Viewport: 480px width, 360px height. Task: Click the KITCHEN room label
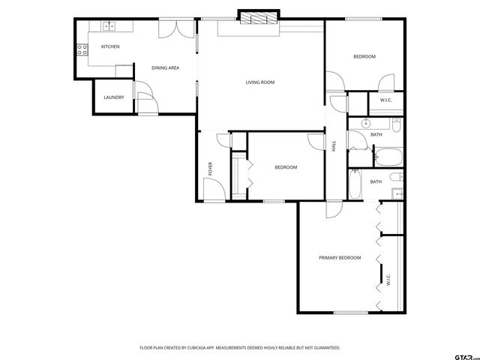(x=110, y=46)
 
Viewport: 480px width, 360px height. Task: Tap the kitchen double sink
(x=109, y=26)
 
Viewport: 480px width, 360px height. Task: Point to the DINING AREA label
(x=165, y=68)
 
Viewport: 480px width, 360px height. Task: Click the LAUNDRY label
(x=113, y=97)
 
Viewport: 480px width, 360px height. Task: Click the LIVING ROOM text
(x=260, y=82)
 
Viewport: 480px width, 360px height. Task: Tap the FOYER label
(x=210, y=169)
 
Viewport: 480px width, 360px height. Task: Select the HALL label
(x=334, y=146)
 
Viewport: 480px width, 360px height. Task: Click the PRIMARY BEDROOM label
(x=339, y=257)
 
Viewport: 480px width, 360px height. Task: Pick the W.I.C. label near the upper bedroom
(x=386, y=100)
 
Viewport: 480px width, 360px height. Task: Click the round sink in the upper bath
(x=367, y=123)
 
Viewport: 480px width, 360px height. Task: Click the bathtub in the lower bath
(x=355, y=184)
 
